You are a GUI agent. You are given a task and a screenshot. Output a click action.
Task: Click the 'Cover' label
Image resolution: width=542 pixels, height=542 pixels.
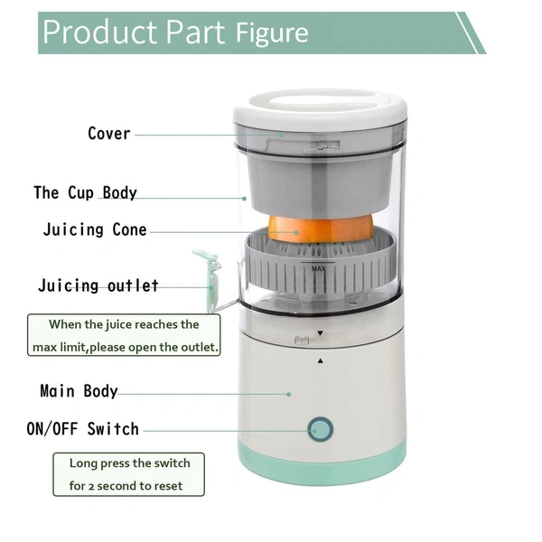(x=109, y=134)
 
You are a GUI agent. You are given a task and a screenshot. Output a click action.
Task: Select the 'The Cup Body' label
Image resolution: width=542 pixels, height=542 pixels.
(x=85, y=192)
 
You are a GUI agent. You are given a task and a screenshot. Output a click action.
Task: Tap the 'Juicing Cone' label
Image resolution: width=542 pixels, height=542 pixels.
(x=95, y=229)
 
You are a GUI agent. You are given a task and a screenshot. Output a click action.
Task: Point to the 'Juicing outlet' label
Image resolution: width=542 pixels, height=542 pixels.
(x=98, y=285)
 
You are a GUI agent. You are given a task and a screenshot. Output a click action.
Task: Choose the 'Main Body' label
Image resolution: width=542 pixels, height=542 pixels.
(x=79, y=391)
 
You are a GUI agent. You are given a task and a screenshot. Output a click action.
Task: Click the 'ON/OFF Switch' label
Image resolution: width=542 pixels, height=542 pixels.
(x=82, y=428)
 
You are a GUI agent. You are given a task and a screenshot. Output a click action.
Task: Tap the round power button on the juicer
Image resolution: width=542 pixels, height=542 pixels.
(x=321, y=429)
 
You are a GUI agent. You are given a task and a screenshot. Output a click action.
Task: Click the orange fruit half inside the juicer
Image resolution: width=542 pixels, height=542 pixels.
(x=321, y=229)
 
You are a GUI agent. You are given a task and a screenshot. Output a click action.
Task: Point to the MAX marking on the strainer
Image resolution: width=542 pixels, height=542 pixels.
(x=318, y=268)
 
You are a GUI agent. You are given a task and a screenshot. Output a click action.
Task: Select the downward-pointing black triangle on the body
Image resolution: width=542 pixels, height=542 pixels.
(x=320, y=333)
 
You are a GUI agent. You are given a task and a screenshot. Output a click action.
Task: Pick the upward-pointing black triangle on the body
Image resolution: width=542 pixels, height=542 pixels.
(x=320, y=360)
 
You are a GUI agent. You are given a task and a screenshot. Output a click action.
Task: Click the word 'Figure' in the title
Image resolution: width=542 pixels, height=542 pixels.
(x=272, y=33)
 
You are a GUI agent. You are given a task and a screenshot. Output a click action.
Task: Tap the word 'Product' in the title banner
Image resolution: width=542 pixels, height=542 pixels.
(x=100, y=32)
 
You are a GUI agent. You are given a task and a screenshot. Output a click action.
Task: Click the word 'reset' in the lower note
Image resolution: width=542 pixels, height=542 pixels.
(x=169, y=486)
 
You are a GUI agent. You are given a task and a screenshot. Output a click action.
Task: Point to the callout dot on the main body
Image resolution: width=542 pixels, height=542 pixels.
(x=289, y=395)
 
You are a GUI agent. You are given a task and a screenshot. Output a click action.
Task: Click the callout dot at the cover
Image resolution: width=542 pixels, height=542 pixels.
(x=281, y=135)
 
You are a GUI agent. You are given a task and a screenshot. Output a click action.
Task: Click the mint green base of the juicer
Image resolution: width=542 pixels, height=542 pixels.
(x=322, y=465)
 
